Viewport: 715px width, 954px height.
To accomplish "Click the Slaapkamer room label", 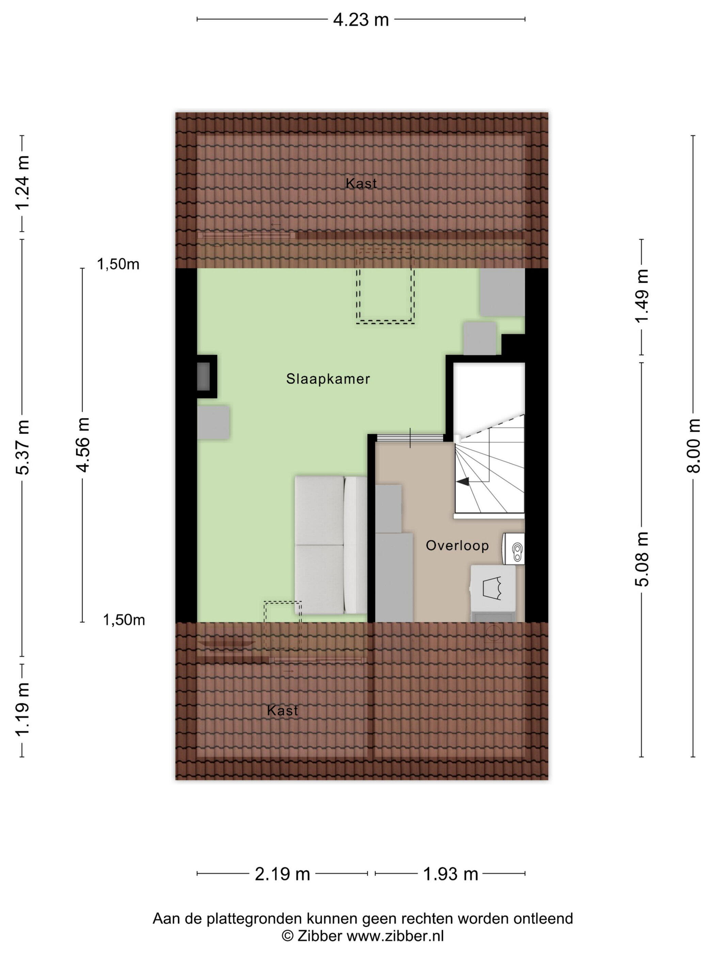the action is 328,379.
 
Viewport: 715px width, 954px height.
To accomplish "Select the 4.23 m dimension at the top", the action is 361,20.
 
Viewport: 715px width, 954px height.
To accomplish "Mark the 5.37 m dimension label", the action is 22,447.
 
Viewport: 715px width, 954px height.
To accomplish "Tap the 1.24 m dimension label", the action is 22,182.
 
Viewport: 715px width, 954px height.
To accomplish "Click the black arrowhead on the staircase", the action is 463,482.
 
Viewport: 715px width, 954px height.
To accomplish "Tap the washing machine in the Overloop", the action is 493,593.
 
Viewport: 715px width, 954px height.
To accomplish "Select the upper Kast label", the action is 361,183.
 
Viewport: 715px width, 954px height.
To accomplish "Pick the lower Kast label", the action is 282,710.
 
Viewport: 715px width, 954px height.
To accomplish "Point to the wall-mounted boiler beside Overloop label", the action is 514,549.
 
